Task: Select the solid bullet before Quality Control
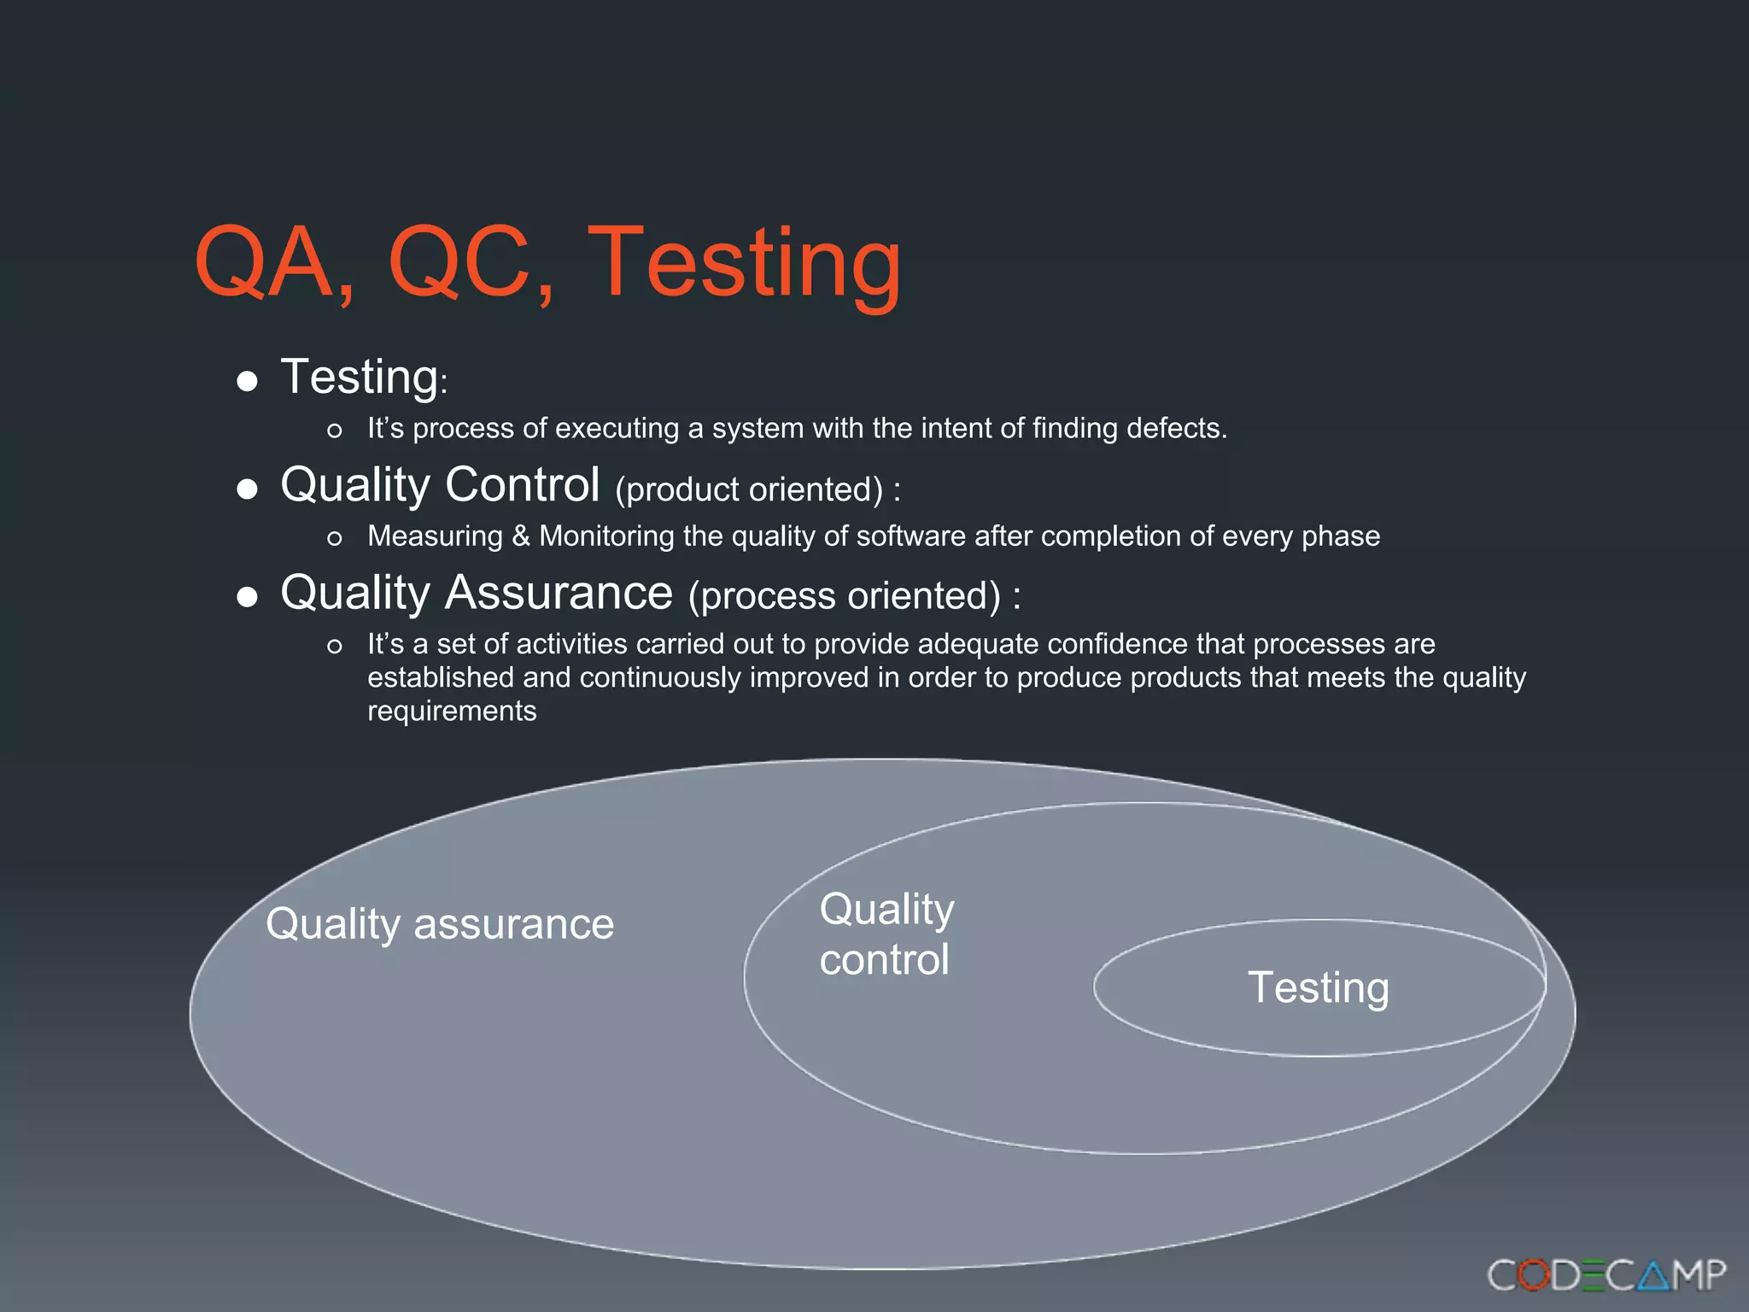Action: coord(247,489)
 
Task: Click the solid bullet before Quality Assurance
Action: coord(247,596)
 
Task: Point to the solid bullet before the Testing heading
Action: coord(247,381)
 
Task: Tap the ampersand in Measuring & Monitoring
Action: coord(521,536)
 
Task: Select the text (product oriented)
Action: coord(749,489)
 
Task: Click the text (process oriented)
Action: coord(845,596)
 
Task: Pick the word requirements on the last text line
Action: coord(452,712)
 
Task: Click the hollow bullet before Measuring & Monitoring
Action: coord(335,538)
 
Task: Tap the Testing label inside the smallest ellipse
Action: coord(1318,987)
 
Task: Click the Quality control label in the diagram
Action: coord(886,934)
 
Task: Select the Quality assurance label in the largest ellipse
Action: coord(440,924)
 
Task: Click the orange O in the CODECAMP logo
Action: coord(1534,1275)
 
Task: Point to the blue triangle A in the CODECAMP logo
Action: coord(1653,1275)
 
